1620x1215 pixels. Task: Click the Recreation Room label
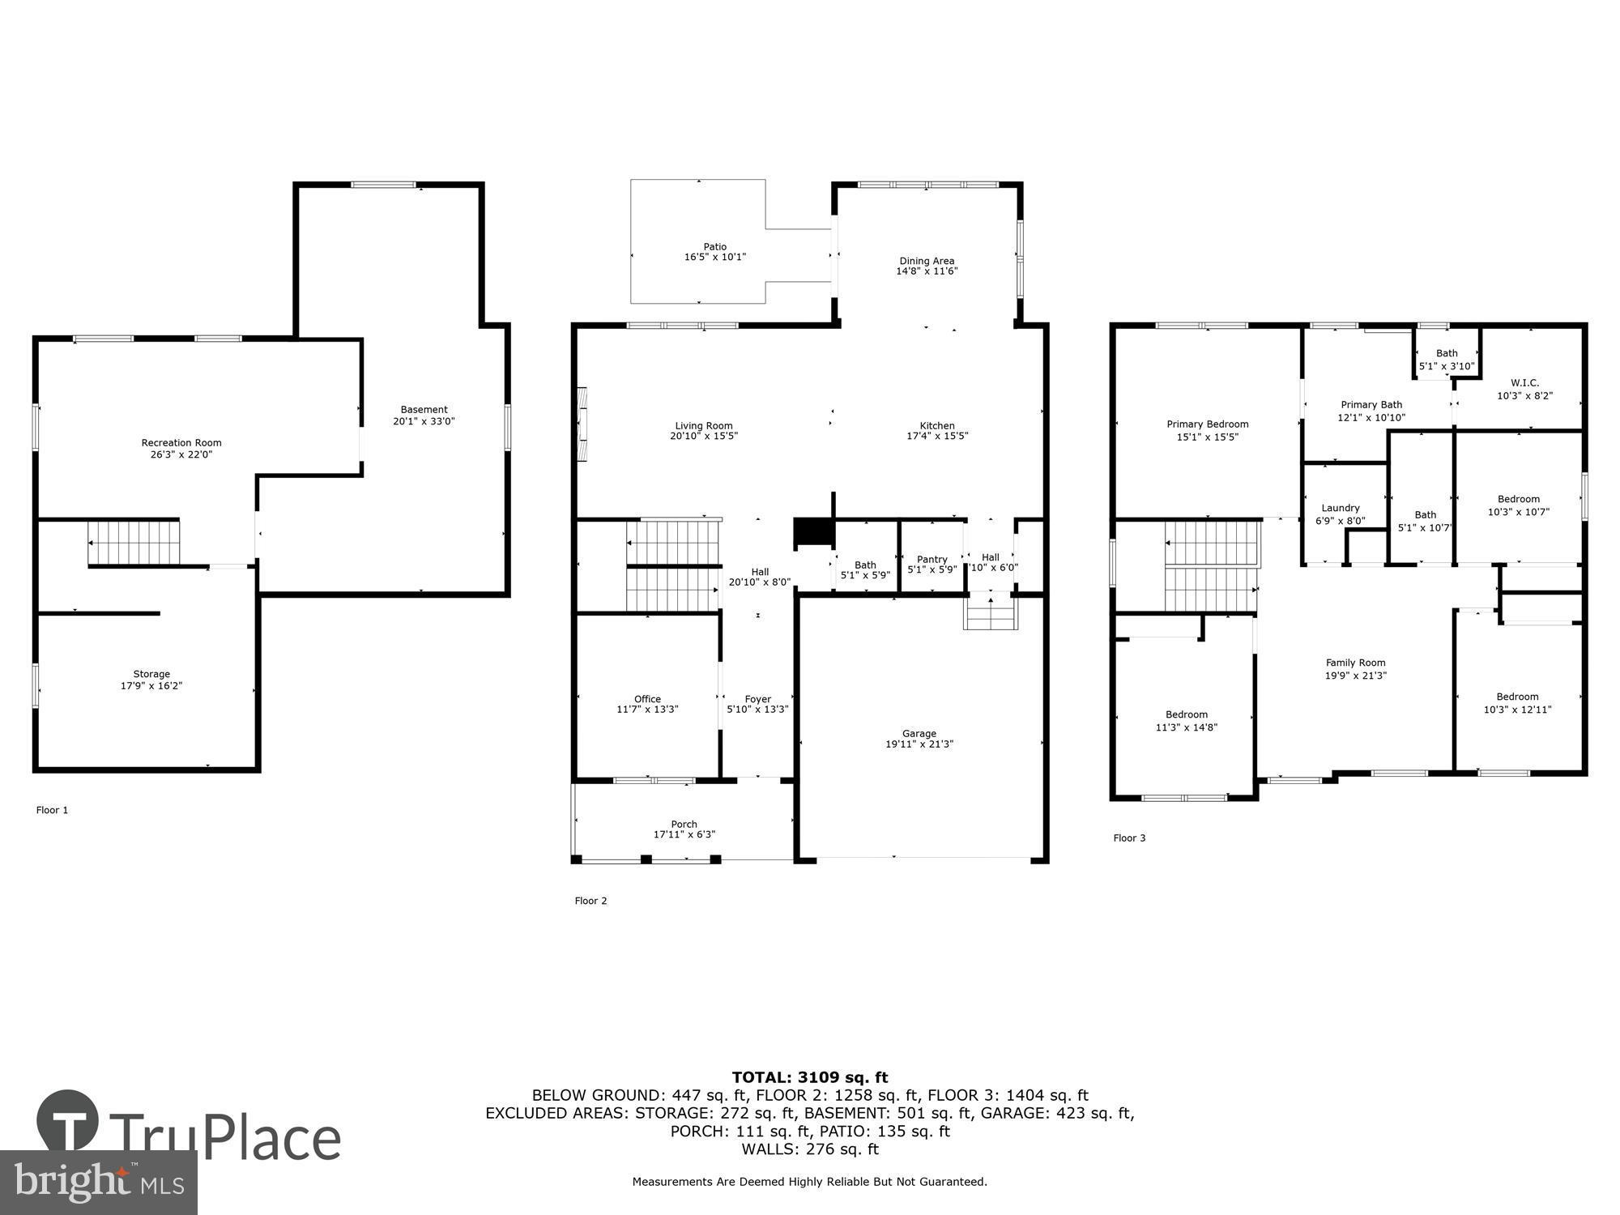click(181, 442)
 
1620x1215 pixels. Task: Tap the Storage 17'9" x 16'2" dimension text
click(151, 686)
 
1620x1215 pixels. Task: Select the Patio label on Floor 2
click(714, 246)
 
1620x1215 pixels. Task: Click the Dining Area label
click(927, 261)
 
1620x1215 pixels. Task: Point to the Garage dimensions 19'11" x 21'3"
click(919, 744)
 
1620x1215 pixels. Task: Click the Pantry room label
click(932, 559)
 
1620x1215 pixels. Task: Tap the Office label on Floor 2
click(647, 698)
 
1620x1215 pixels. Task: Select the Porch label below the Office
click(684, 824)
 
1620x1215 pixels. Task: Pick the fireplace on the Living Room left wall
click(582, 424)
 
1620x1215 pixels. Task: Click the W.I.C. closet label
click(1524, 382)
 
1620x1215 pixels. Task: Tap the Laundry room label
click(1341, 508)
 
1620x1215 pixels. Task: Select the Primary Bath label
click(1371, 404)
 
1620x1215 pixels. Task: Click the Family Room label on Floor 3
click(1355, 662)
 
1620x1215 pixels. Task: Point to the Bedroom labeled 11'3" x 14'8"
click(1187, 721)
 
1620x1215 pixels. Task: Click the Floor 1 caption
click(52, 810)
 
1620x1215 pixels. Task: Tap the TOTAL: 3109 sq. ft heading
click(810, 1077)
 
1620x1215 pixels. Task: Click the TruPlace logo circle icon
click(68, 1121)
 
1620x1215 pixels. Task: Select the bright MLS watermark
click(97, 1183)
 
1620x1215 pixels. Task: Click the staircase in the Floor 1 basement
click(134, 543)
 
